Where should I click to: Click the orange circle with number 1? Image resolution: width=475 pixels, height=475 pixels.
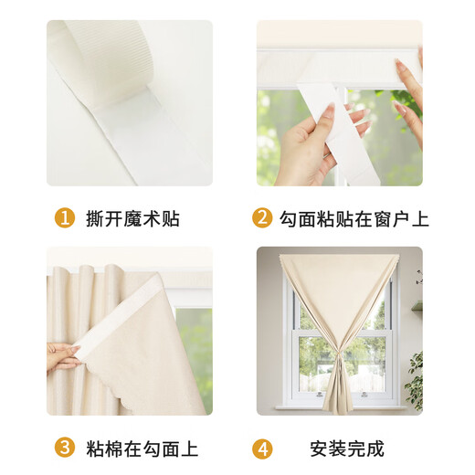[65, 219]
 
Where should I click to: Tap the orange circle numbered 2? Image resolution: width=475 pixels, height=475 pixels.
[262, 219]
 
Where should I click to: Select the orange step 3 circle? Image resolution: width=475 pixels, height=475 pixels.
[65, 449]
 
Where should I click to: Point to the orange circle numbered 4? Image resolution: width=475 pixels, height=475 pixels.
[262, 449]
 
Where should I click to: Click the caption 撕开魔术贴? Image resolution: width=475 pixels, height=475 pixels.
[132, 219]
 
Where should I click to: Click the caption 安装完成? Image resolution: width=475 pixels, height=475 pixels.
[348, 449]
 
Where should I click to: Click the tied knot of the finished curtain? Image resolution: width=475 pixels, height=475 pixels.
[341, 348]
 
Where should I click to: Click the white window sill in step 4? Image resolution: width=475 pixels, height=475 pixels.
[341, 406]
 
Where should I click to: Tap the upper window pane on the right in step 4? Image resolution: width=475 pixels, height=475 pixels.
[376, 311]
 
